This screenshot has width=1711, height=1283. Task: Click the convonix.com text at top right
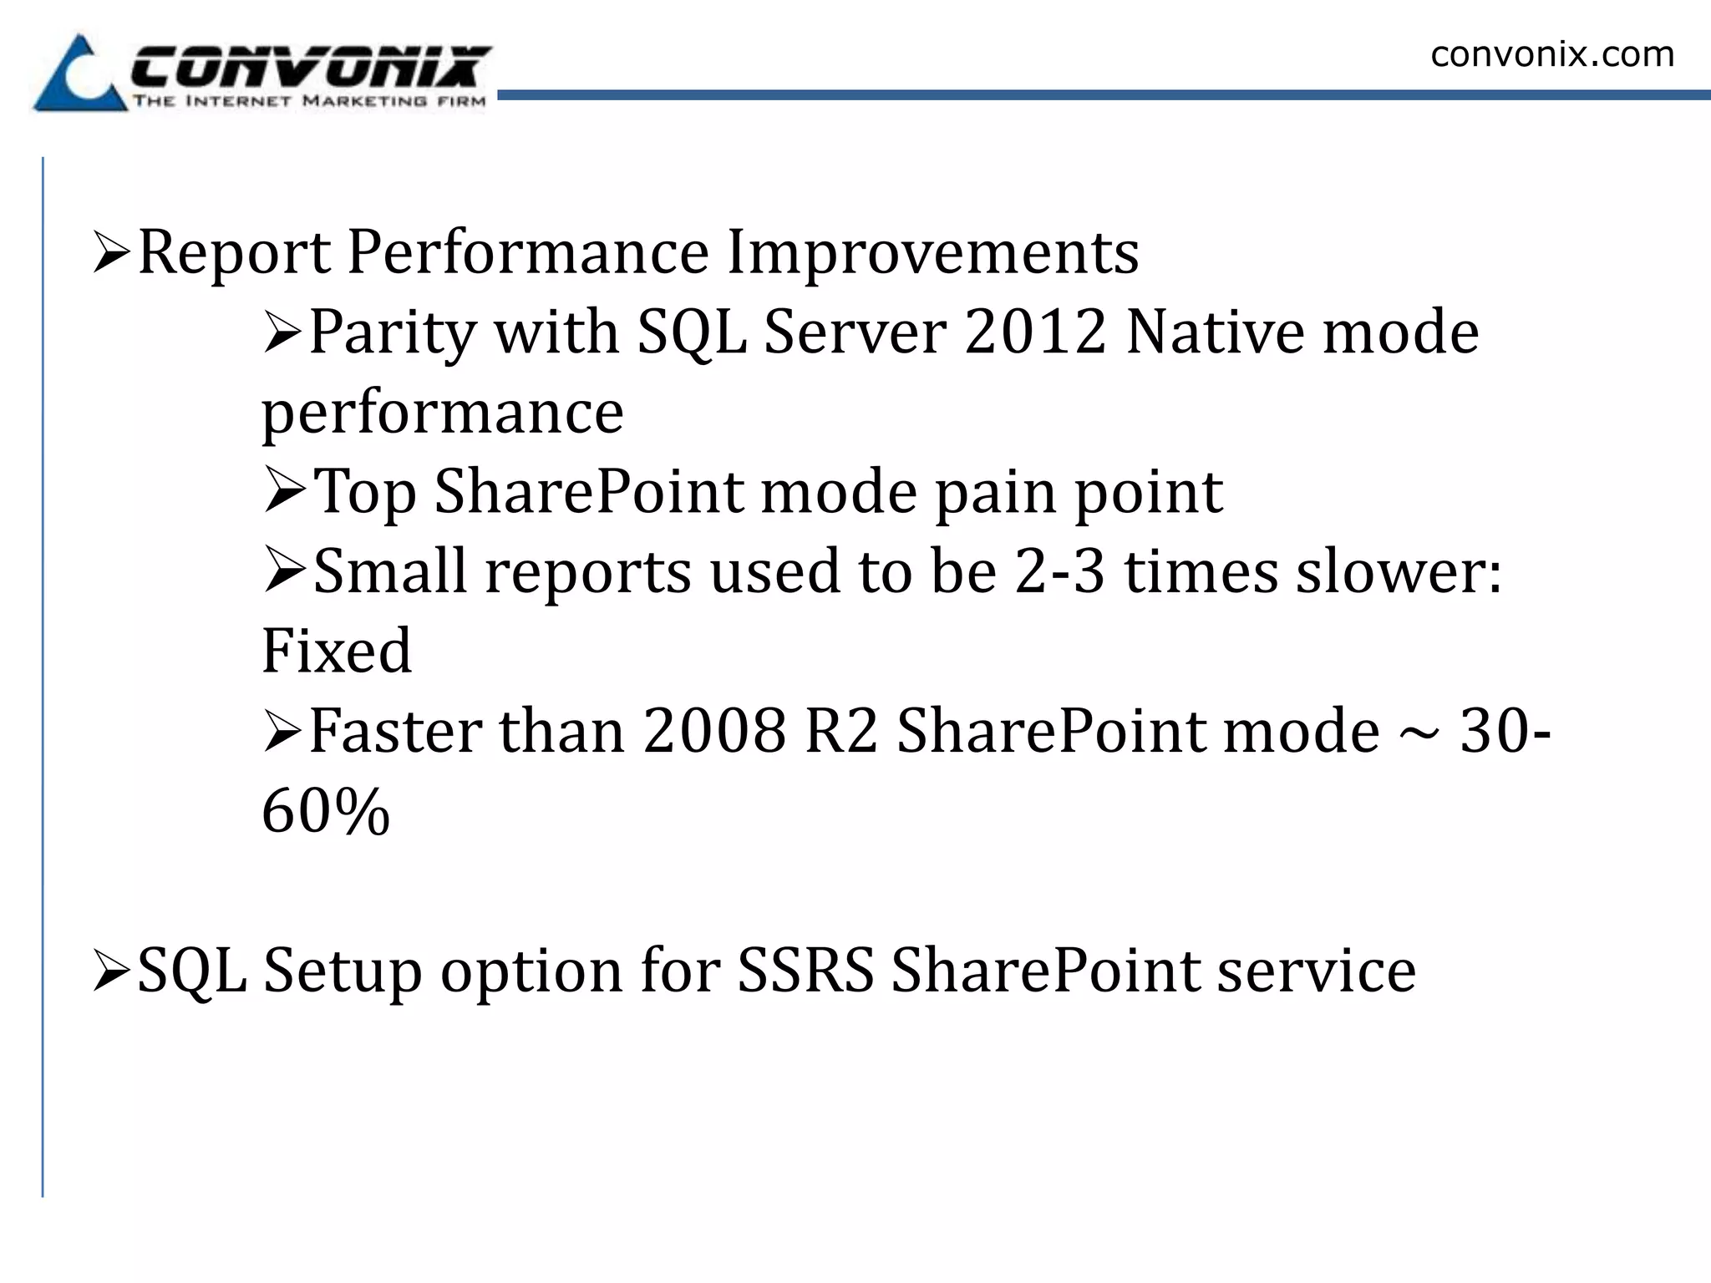point(1551,54)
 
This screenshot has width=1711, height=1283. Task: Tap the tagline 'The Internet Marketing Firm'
point(309,102)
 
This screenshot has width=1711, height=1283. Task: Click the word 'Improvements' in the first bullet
point(932,251)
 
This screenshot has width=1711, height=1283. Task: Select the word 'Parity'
point(392,332)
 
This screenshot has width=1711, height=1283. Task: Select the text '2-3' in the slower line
point(1059,572)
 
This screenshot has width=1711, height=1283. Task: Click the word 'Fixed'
point(337,651)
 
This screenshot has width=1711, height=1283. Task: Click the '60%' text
point(326,811)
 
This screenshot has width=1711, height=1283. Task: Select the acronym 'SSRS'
point(805,971)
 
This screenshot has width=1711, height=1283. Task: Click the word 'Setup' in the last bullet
point(343,971)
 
